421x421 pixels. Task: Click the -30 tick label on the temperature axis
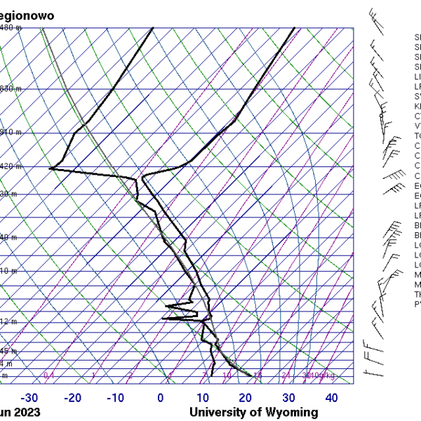point(29,399)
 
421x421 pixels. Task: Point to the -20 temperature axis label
point(72,399)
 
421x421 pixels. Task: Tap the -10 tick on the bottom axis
point(116,399)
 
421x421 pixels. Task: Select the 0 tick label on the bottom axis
point(161,399)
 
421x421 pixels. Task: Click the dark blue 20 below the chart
point(246,399)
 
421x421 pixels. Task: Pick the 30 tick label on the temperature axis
point(289,399)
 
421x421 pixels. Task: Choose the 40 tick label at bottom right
point(331,399)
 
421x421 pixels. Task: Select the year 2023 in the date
point(27,413)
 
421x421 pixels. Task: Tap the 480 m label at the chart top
point(10,27)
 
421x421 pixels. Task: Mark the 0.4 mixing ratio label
point(48,376)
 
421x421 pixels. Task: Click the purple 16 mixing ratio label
point(258,376)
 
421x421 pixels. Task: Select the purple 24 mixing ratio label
point(286,376)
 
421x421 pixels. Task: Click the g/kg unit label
point(327,376)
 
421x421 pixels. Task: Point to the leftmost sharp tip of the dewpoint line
point(50,168)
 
